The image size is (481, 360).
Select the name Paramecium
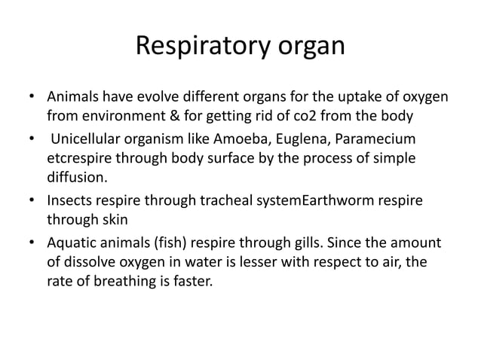(x=383, y=142)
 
